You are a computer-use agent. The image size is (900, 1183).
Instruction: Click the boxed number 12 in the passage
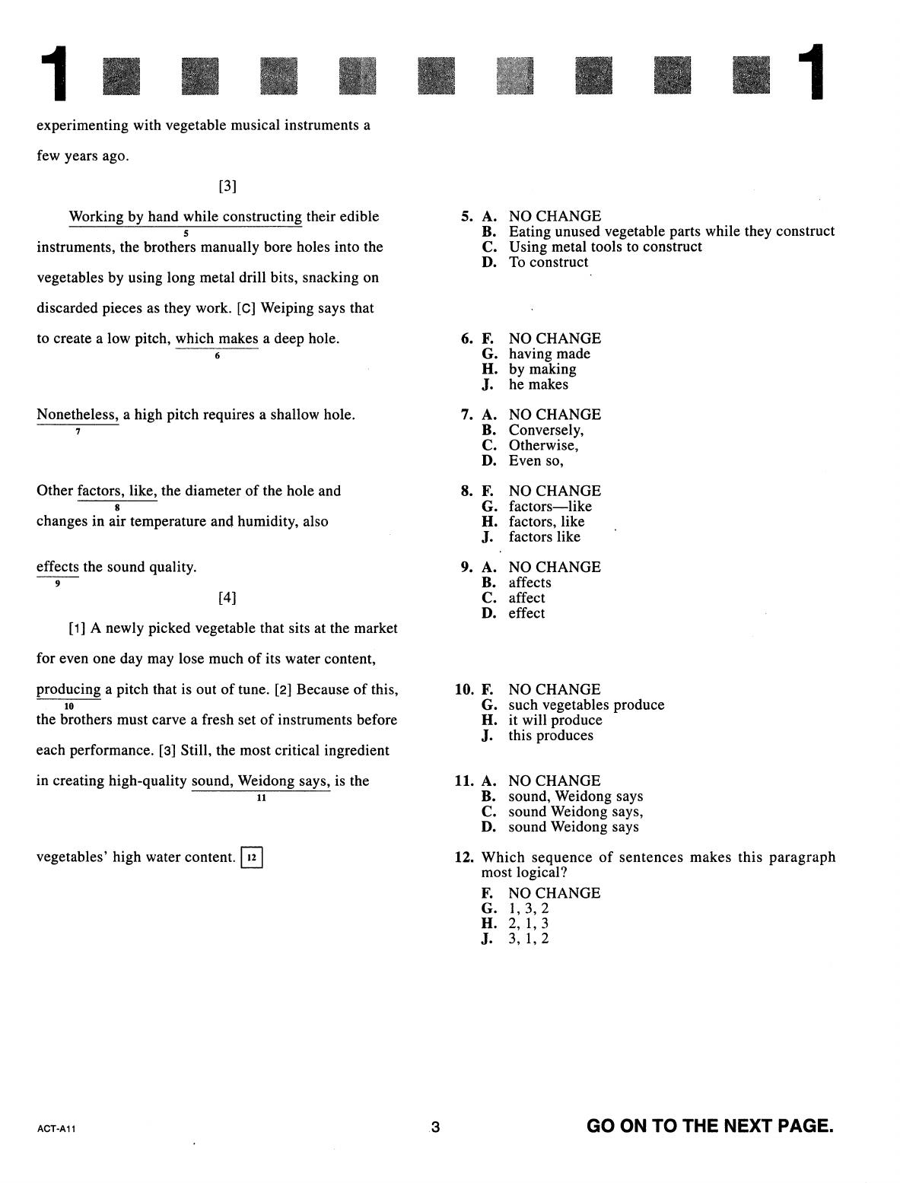(252, 858)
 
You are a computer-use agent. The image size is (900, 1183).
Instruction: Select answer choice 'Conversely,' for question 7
(545, 431)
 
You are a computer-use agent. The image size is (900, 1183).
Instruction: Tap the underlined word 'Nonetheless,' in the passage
(78, 415)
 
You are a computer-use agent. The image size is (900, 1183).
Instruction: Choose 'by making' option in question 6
(542, 370)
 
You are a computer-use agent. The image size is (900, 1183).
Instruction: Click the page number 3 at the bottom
(435, 1127)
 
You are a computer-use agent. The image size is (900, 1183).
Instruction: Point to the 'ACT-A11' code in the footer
(56, 1129)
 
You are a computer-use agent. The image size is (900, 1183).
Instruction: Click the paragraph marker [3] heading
(227, 186)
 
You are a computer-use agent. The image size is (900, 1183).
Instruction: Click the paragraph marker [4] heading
(227, 599)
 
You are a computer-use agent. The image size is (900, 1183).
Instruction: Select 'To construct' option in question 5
(548, 262)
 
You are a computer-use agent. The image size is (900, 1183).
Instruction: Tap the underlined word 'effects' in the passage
(58, 568)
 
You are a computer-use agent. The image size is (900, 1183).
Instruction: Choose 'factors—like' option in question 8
(549, 507)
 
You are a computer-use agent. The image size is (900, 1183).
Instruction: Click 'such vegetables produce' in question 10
(586, 705)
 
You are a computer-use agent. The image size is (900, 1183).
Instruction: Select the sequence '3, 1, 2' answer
(528, 939)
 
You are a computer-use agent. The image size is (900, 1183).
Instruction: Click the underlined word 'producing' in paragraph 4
(68, 690)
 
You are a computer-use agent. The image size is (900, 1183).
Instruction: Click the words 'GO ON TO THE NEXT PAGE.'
(710, 1126)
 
